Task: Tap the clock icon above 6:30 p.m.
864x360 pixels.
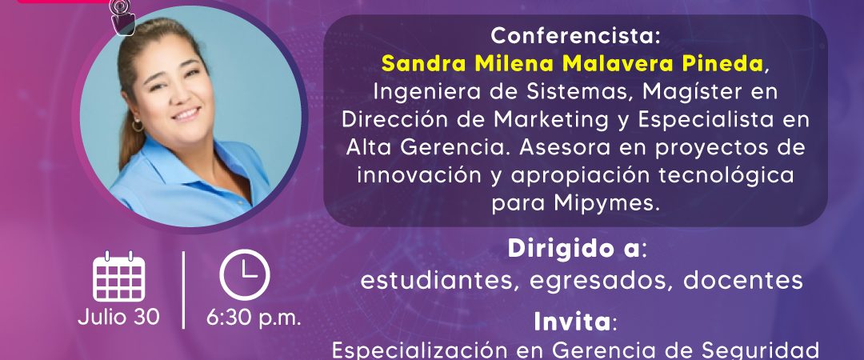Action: pyautogui.click(x=245, y=274)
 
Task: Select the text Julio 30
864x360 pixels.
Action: pyautogui.click(x=119, y=317)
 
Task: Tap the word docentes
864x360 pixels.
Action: pyautogui.click(x=742, y=281)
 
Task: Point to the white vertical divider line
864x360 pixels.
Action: pyautogui.click(x=183, y=290)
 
